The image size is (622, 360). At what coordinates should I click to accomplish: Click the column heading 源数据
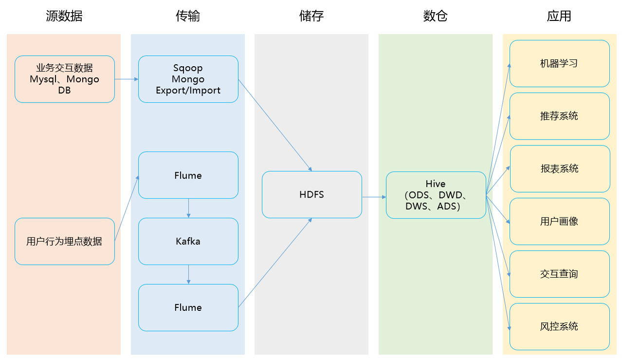tap(64, 16)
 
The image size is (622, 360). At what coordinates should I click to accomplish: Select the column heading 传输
tap(188, 16)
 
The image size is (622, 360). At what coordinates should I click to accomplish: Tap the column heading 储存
tap(311, 16)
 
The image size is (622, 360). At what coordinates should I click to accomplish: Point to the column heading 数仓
tap(435, 16)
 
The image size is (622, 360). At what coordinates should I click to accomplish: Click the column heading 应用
tap(559, 16)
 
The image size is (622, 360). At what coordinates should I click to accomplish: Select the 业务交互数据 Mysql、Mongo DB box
tap(65, 79)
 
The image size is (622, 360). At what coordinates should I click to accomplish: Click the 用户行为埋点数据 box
tap(65, 241)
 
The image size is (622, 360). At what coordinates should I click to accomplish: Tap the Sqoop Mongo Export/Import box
tap(188, 79)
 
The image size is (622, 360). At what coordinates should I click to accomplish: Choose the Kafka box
tap(188, 241)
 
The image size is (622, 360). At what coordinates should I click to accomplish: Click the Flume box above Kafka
tap(188, 175)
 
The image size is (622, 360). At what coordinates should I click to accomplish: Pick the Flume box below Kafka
tap(188, 307)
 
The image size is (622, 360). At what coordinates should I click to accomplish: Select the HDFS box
tap(312, 195)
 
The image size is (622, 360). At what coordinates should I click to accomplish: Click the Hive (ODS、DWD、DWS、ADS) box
tap(436, 195)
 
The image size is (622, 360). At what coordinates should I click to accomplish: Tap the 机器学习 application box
tap(560, 64)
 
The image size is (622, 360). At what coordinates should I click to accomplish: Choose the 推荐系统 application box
tap(560, 116)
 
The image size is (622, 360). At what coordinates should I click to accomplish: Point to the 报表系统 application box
tap(560, 169)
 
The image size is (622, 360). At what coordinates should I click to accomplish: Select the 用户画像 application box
tap(560, 221)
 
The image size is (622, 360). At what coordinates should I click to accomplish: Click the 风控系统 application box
tap(560, 326)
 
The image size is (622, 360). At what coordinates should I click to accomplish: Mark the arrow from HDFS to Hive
tap(374, 197)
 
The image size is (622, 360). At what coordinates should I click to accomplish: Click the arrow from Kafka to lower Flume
tap(188, 274)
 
